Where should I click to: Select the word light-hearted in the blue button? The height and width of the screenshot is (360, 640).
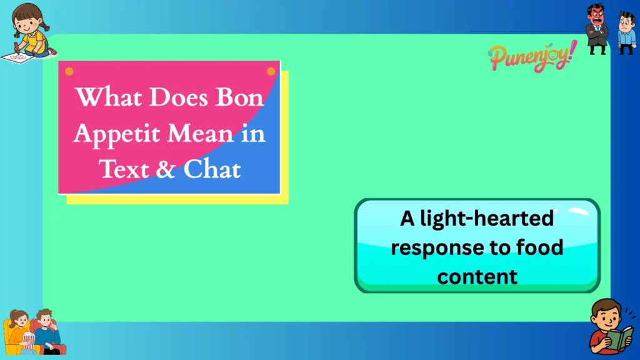(x=476, y=219)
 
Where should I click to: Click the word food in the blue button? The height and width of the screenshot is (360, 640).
(x=536, y=247)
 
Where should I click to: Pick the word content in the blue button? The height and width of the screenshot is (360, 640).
(x=477, y=276)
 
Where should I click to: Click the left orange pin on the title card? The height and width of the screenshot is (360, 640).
(x=69, y=71)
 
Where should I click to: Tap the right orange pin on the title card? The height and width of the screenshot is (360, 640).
(x=271, y=71)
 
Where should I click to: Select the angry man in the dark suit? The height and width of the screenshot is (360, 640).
(x=597, y=28)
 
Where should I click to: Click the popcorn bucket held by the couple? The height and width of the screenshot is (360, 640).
(x=29, y=340)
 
